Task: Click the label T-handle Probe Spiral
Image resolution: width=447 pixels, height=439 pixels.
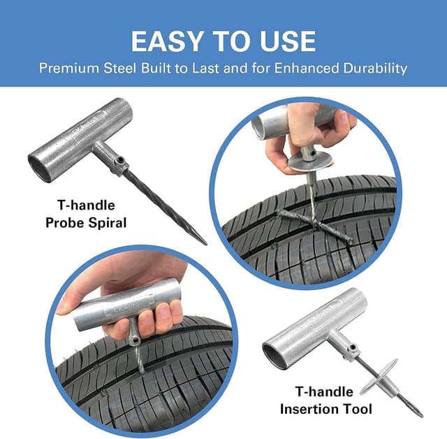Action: coord(85,214)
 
